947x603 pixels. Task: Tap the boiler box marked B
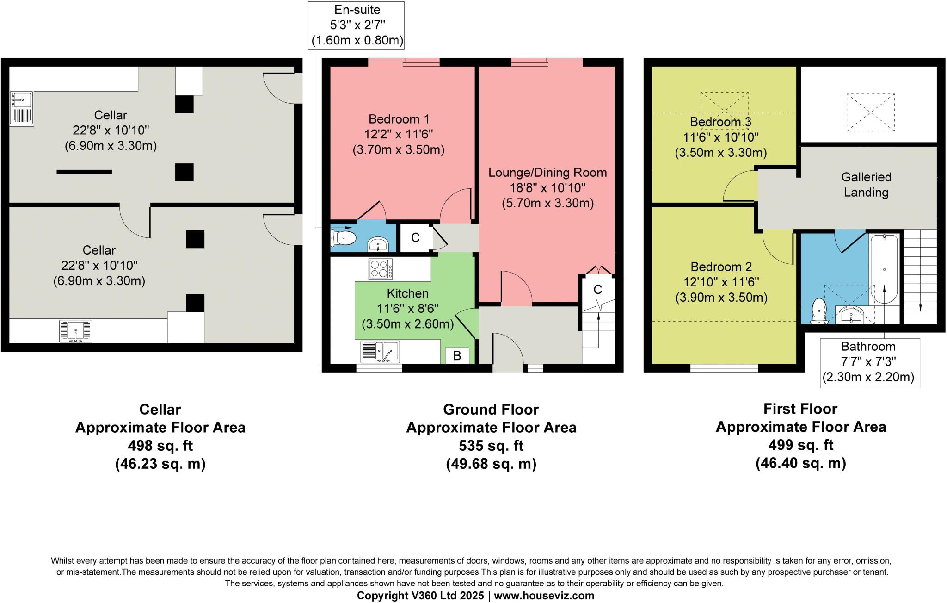[457, 355]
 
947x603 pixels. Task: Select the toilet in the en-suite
[344, 238]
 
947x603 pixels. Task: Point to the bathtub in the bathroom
[884, 269]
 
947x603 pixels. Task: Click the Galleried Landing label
[866, 184]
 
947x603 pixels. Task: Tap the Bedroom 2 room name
[721, 267]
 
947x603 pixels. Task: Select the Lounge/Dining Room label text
[547, 173]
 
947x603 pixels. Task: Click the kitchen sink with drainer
[380, 352]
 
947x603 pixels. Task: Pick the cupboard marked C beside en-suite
[415, 238]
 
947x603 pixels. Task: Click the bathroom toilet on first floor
[819, 311]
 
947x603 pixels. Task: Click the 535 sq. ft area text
[491, 446]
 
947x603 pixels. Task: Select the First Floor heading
[800, 409]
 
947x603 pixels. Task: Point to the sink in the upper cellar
[21, 108]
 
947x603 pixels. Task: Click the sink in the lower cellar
[76, 331]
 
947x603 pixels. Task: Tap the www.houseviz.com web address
[544, 596]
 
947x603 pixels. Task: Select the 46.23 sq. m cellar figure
[160, 464]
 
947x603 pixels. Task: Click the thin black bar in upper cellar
[84, 172]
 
